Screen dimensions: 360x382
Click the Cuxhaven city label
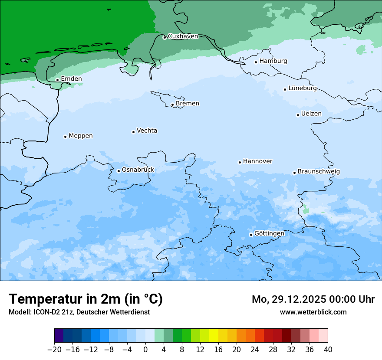click(183, 36)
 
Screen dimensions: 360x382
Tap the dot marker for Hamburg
click(256, 62)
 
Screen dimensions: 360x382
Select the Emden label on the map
click(71, 79)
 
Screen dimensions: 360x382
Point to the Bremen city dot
click(172, 105)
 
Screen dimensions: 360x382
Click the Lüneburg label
click(303, 88)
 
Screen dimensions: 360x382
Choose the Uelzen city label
click(311, 114)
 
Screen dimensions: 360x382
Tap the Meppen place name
click(81, 136)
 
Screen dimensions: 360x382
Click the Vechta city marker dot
click(133, 132)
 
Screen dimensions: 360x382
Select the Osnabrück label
click(138, 170)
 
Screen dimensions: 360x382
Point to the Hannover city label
click(257, 161)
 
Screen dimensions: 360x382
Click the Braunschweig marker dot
click(294, 173)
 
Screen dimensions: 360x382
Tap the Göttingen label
click(269, 234)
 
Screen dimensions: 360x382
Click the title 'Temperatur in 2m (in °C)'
click(86, 299)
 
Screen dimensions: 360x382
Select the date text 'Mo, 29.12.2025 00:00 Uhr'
click(313, 299)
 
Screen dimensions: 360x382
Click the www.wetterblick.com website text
click(313, 312)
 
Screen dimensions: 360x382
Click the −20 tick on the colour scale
click(55, 350)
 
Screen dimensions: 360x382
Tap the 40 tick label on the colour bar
click(328, 350)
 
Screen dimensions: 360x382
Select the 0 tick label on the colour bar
click(145, 350)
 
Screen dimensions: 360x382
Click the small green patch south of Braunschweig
click(306, 210)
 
